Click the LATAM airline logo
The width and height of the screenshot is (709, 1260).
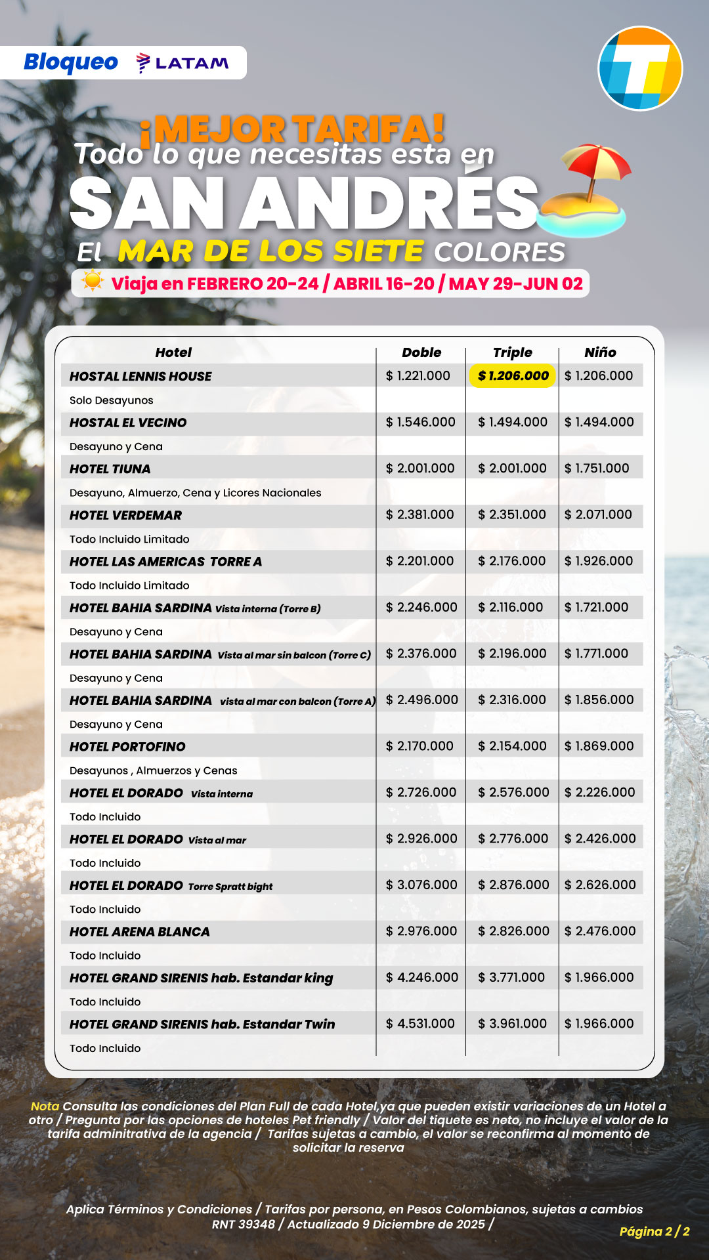coord(183,63)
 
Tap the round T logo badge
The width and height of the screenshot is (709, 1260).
coord(640,68)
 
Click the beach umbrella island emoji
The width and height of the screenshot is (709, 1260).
coord(584,190)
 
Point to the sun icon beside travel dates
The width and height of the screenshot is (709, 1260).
coord(93,282)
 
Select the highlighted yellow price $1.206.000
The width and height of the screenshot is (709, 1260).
coord(513,376)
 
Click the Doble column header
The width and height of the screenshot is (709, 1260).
coord(421,352)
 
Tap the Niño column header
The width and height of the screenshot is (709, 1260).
coord(600,352)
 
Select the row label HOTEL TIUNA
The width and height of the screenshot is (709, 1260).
coord(110,469)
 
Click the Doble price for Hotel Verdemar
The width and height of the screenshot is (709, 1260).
coord(420,514)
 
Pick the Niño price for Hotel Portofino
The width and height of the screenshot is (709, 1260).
coord(599,746)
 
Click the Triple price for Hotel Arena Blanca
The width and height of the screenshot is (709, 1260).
coord(513,931)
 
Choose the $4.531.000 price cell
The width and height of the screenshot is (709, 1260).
coord(420,1024)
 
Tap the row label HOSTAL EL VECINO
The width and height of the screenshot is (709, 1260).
coord(128,423)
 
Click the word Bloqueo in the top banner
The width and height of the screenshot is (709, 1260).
coord(71,62)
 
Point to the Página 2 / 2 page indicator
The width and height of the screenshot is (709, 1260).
coord(655,1231)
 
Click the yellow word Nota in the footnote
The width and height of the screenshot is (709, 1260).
coord(45,1106)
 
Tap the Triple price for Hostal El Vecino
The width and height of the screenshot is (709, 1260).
coord(513,422)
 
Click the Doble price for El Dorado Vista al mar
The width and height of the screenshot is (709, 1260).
coord(421,839)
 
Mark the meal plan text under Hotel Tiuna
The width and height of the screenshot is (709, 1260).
coord(196,493)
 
